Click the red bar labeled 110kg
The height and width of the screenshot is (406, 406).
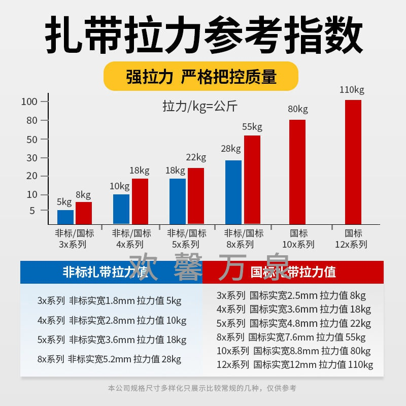click(x=353, y=162)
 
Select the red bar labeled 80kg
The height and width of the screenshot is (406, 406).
click(x=297, y=172)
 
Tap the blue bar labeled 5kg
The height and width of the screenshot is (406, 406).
click(x=65, y=217)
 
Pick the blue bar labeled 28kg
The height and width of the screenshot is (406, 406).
click(x=233, y=192)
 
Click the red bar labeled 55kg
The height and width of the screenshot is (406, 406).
click(x=252, y=180)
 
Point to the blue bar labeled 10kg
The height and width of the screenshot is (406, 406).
click(x=121, y=209)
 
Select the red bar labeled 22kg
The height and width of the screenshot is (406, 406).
click(x=196, y=196)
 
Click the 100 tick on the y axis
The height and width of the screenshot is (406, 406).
click(x=30, y=101)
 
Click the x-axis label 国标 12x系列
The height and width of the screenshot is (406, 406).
click(x=353, y=239)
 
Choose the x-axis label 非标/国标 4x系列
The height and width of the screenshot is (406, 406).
click(x=131, y=239)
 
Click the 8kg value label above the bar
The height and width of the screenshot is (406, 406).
click(x=83, y=195)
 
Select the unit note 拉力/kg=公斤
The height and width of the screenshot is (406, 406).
click(x=200, y=107)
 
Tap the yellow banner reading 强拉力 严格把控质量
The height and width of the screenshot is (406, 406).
click(x=201, y=77)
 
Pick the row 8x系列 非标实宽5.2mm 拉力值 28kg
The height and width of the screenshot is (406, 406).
click(x=109, y=359)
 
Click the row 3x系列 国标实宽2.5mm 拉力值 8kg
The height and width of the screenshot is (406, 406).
click(x=291, y=295)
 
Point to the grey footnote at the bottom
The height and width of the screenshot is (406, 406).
click(x=202, y=388)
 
